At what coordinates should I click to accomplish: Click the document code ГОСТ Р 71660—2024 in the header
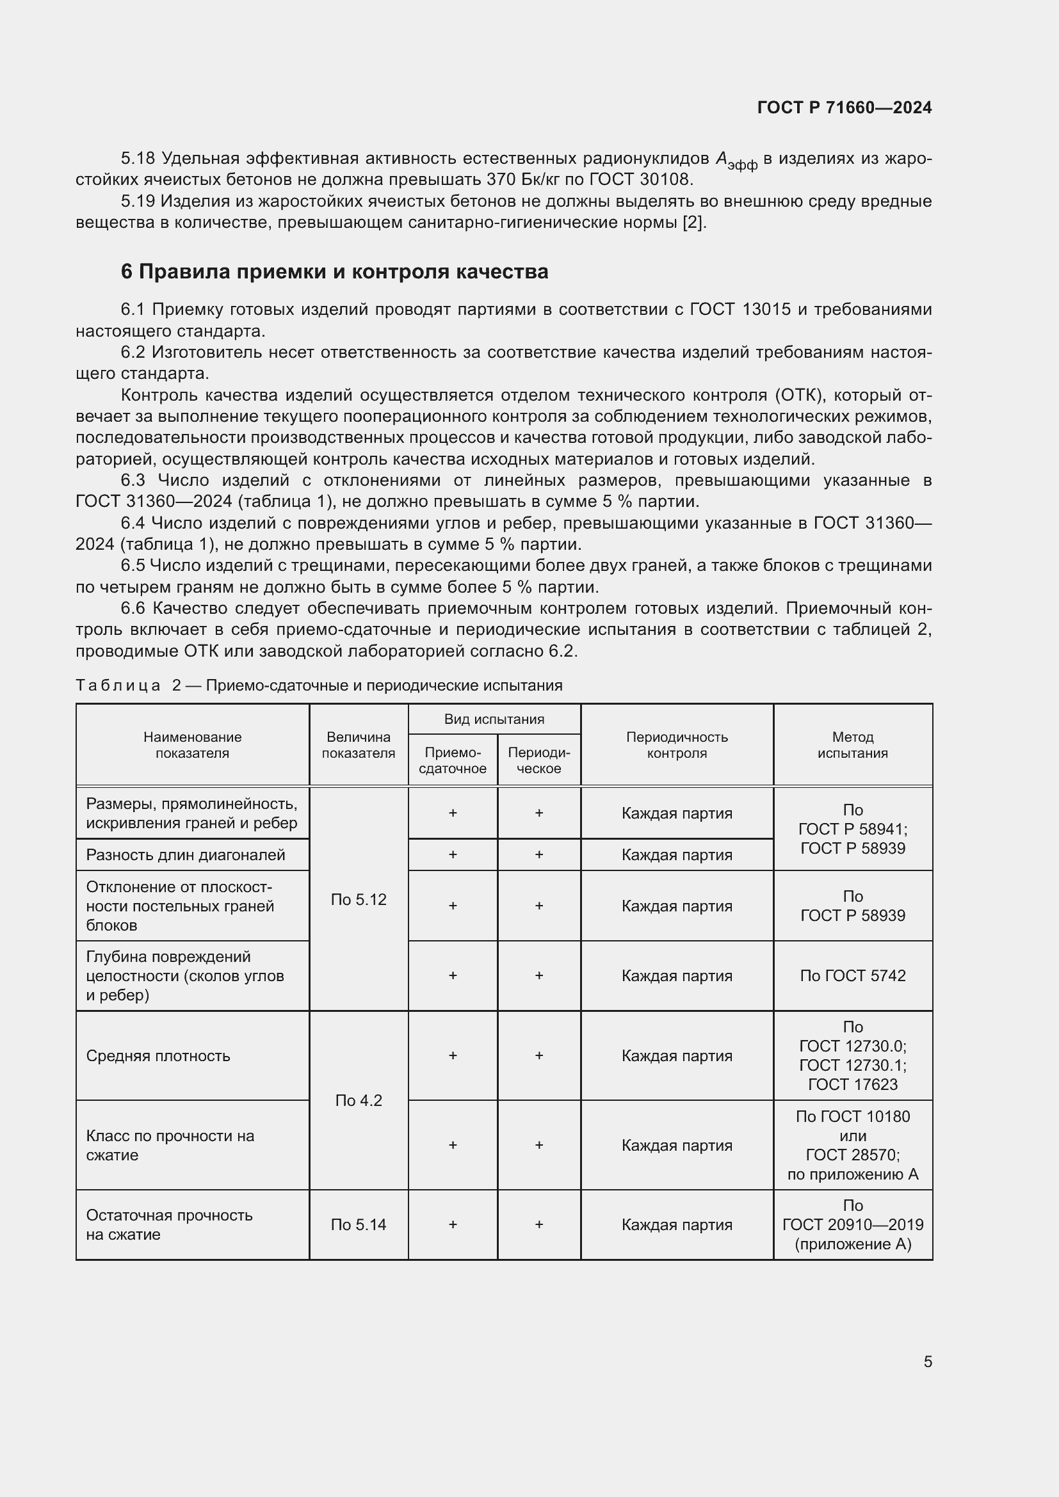[x=844, y=108]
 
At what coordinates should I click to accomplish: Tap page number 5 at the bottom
[x=927, y=1361]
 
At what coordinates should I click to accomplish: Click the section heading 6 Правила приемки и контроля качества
[x=334, y=271]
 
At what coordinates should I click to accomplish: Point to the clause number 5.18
[x=138, y=159]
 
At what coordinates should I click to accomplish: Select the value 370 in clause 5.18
[x=500, y=179]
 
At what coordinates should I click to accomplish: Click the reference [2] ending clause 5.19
[x=693, y=222]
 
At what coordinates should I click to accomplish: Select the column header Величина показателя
[x=358, y=744]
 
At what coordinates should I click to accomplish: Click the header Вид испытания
[x=494, y=719]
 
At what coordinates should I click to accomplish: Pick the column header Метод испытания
[x=852, y=744]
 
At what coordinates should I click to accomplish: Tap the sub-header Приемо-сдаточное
[x=452, y=760]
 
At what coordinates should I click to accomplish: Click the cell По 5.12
[x=358, y=899]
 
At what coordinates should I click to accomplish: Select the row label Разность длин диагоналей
[x=185, y=855]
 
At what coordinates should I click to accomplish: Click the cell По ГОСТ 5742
[x=852, y=975]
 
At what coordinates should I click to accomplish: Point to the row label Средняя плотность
[x=158, y=1055]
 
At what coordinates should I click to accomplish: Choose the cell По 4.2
[x=358, y=1101]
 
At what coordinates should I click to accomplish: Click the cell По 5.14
[x=358, y=1224]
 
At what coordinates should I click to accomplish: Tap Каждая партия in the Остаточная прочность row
[x=676, y=1224]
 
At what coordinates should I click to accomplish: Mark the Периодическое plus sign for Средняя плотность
[x=538, y=1055]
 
